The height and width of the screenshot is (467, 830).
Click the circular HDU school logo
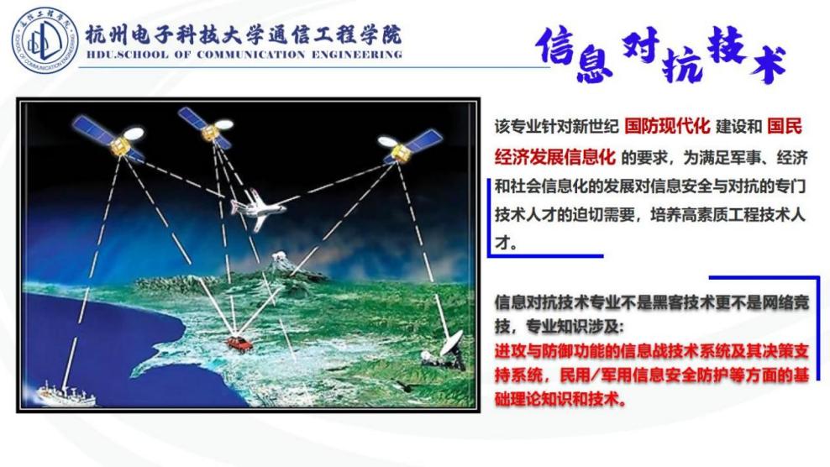[45, 41]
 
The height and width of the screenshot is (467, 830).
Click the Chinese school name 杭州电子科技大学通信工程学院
[244, 35]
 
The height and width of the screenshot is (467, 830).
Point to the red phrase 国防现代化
[667, 127]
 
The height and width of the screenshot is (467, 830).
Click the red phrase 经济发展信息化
[555, 157]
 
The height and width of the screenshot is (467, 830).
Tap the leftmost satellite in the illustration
[108, 138]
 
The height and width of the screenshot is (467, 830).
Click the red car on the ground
[239, 344]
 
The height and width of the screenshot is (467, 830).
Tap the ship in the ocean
[66, 395]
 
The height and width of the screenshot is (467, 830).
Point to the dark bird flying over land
[407, 386]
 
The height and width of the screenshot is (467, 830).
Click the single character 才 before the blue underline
[503, 243]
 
